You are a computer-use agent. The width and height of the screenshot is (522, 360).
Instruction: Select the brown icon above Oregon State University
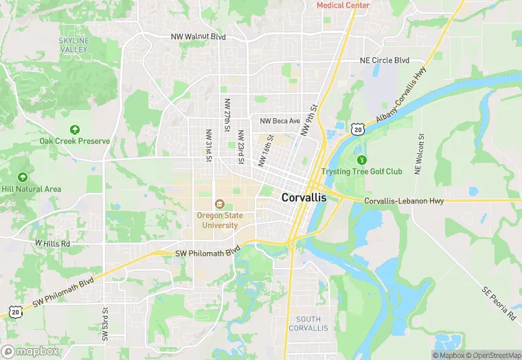[x=219, y=204]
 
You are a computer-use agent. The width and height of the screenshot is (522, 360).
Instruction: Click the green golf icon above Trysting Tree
[x=361, y=159]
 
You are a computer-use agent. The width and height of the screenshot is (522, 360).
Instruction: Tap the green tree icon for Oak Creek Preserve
[x=74, y=129]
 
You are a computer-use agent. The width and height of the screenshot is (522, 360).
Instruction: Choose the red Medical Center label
[x=343, y=5]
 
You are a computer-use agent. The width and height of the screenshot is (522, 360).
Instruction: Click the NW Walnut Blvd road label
[x=199, y=36]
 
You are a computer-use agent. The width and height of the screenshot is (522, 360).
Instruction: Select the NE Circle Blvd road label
[x=385, y=60]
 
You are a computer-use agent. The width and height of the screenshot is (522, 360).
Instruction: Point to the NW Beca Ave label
[x=280, y=121]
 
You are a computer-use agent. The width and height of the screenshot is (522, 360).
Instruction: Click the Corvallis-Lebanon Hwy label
[x=404, y=201]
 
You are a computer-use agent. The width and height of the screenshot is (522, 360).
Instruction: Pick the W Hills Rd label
[x=52, y=243]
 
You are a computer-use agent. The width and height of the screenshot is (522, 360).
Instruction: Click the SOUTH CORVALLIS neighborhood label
[x=308, y=324]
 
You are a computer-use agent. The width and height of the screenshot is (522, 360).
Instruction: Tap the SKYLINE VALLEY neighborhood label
[x=73, y=45]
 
